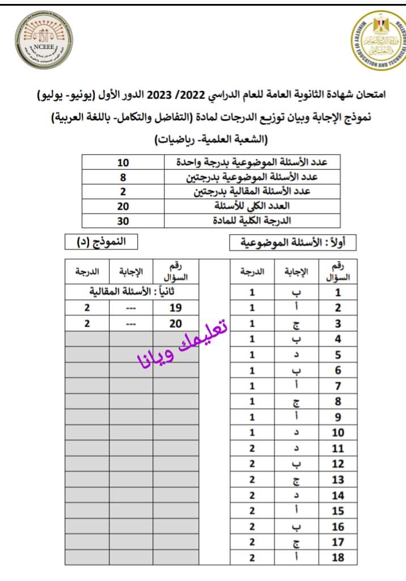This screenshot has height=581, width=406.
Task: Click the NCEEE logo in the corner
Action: pyautogui.click(x=44, y=43)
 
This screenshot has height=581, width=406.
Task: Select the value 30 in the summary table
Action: pyautogui.click(x=124, y=221)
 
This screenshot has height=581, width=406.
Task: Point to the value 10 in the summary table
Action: pyautogui.click(x=124, y=163)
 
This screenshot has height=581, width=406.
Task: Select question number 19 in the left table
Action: pyautogui.click(x=176, y=308)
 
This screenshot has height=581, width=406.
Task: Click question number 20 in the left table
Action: pyautogui.click(x=176, y=323)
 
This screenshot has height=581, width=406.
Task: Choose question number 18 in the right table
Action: pyautogui.click(x=338, y=557)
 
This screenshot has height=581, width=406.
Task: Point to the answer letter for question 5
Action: pyautogui.click(x=295, y=356)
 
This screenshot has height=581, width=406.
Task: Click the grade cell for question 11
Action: pyautogui.click(x=252, y=448)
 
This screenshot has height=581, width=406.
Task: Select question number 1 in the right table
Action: pyautogui.click(x=338, y=293)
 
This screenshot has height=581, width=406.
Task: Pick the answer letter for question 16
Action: pyautogui.click(x=295, y=526)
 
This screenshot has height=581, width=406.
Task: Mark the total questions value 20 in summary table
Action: pyautogui.click(x=124, y=207)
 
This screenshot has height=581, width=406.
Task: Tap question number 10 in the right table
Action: pyautogui.click(x=338, y=433)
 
